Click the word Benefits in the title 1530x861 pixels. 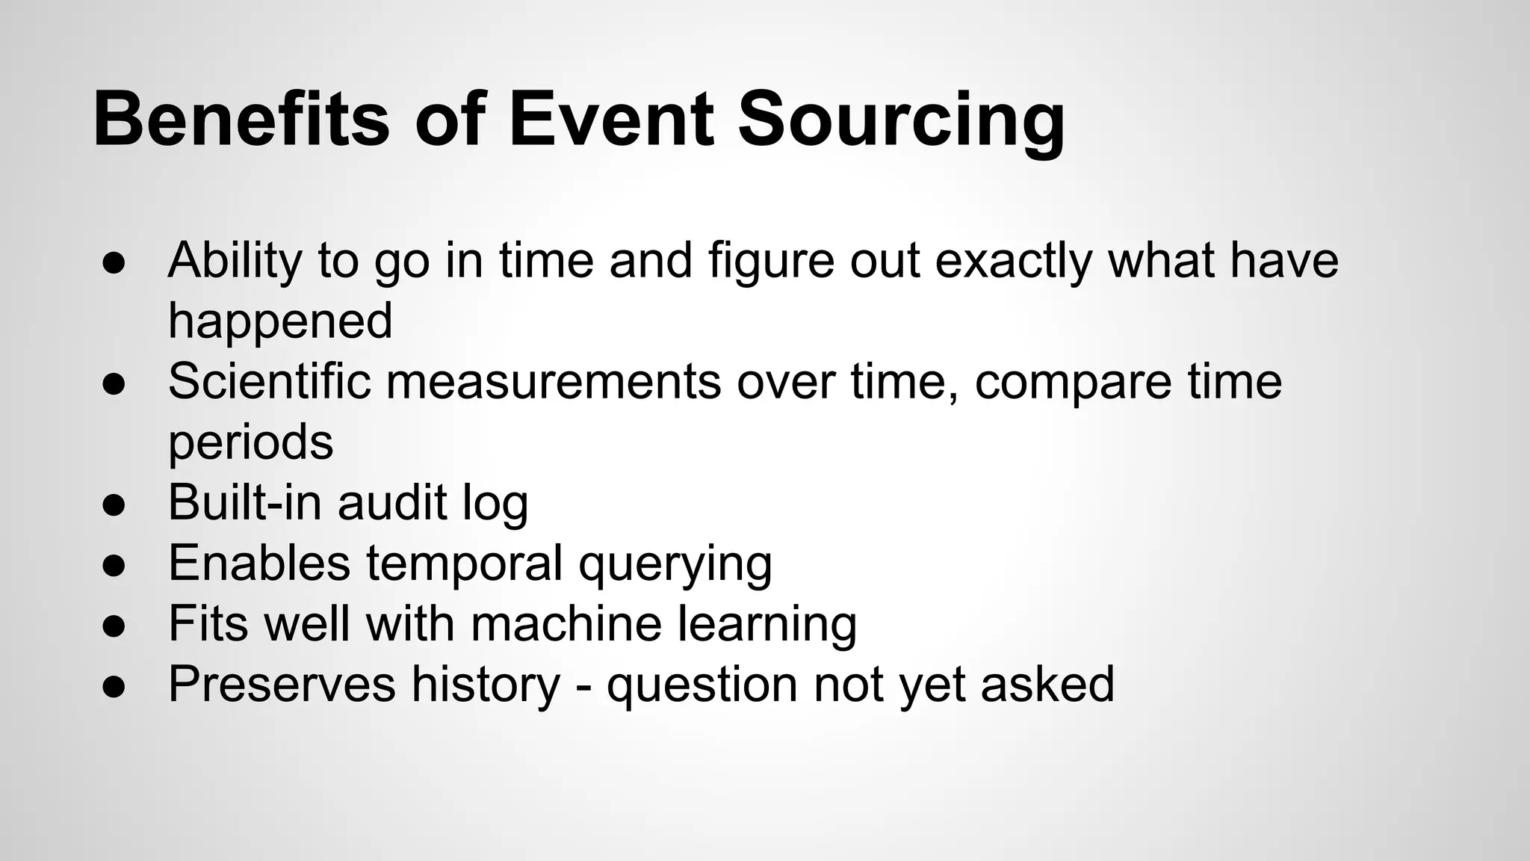click(241, 120)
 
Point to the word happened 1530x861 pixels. click(280, 321)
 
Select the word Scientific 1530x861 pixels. click(269, 381)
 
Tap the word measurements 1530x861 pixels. click(554, 381)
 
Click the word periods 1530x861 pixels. click(250, 442)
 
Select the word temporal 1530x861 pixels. click(464, 563)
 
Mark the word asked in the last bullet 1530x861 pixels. click(1047, 684)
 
